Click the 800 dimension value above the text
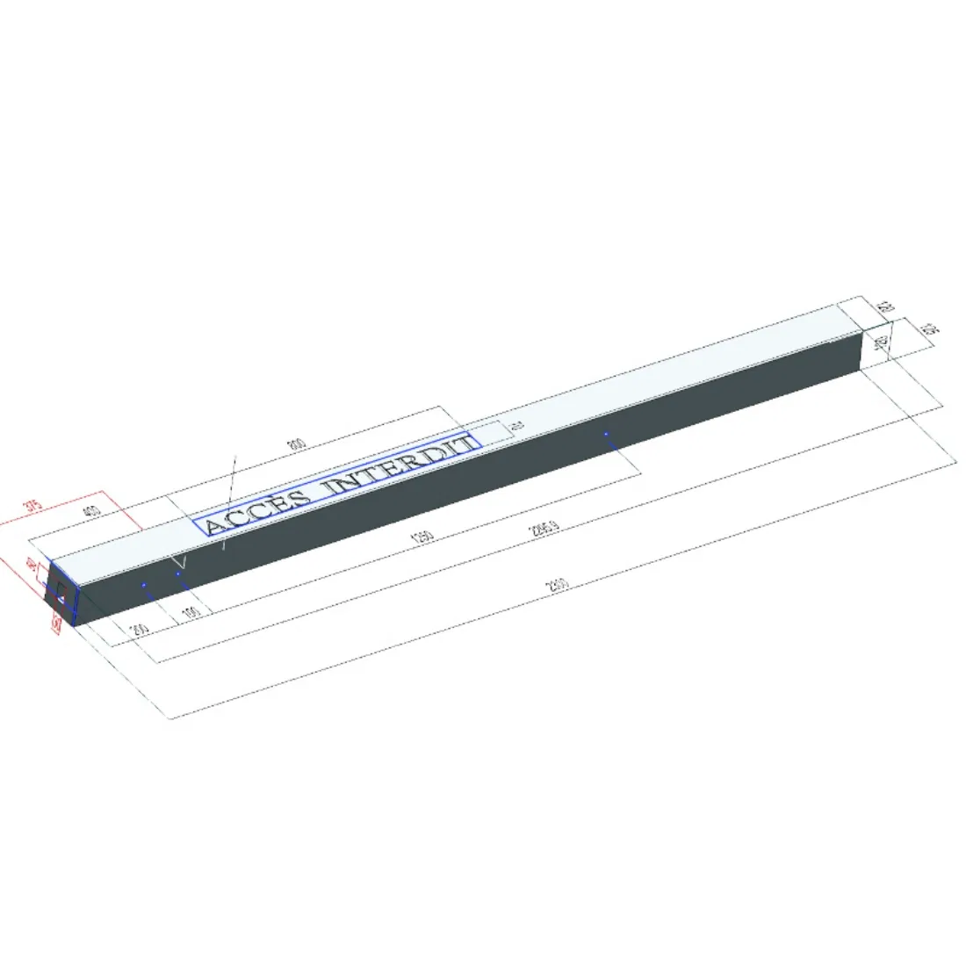pyautogui.click(x=298, y=444)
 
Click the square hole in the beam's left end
pyautogui.click(x=61, y=598)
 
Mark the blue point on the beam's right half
pyautogui.click(x=606, y=434)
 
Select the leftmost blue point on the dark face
pyautogui.click(x=143, y=584)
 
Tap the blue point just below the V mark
pyautogui.click(x=178, y=573)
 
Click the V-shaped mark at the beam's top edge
pyautogui.click(x=179, y=559)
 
